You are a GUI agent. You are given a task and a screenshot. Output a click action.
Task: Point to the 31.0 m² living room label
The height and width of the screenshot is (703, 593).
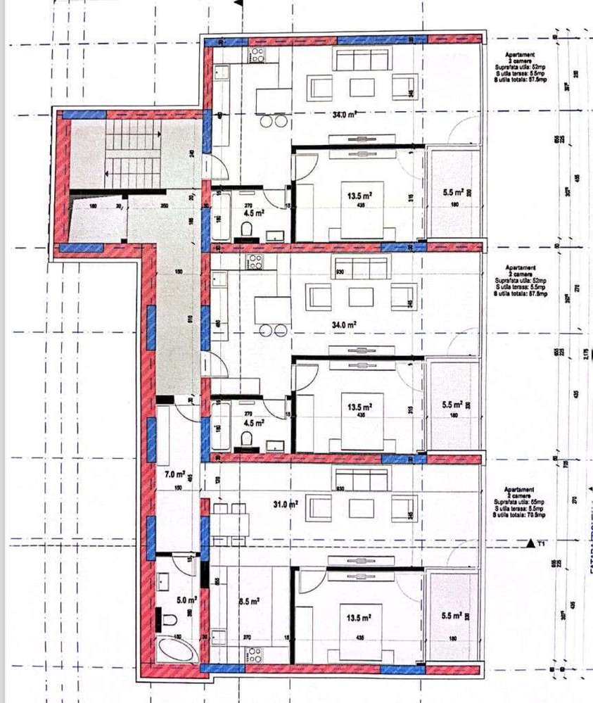284,504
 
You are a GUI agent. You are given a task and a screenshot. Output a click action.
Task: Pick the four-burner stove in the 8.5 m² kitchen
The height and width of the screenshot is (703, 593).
254,655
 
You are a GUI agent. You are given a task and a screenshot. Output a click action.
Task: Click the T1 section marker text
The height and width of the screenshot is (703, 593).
541,544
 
